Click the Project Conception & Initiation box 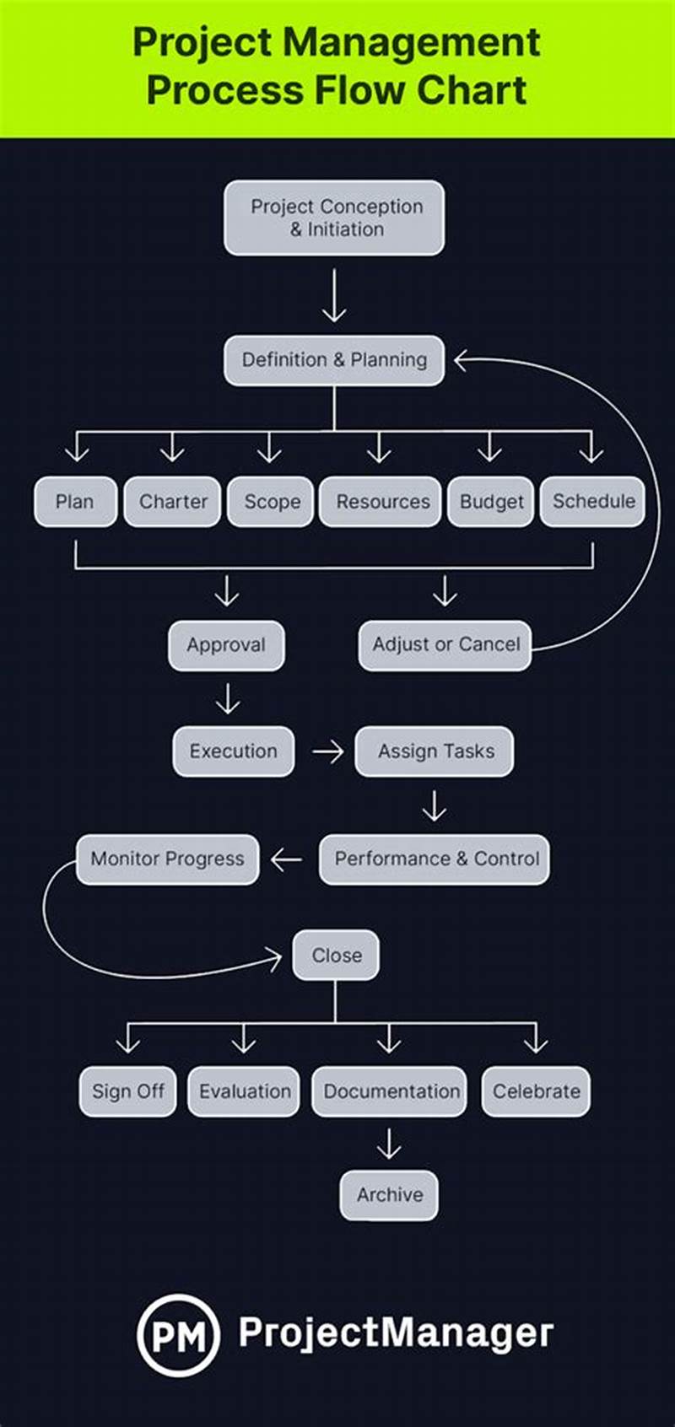(x=334, y=218)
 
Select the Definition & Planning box (x=334, y=360)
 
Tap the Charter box (x=173, y=502)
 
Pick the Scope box (x=271, y=502)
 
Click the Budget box (x=491, y=502)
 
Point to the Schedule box (x=592, y=501)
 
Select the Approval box (x=226, y=645)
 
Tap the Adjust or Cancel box (x=445, y=645)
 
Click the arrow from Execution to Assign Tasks (x=327, y=751)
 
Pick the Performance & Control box (x=435, y=859)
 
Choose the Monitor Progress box (x=167, y=859)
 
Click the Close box (x=336, y=955)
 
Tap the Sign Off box (x=127, y=1091)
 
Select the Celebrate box (x=536, y=1091)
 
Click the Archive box (x=389, y=1194)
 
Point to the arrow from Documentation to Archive (x=389, y=1144)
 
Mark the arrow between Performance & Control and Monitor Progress (x=287, y=859)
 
